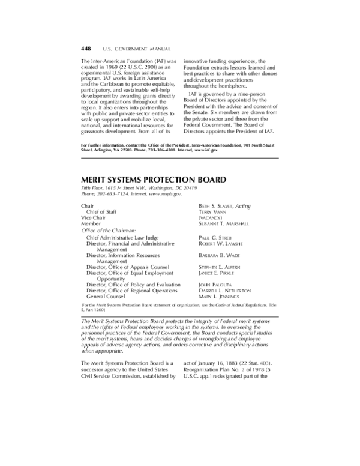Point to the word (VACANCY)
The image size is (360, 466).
211,217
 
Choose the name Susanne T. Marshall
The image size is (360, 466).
224,223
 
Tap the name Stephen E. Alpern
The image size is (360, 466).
220,267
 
